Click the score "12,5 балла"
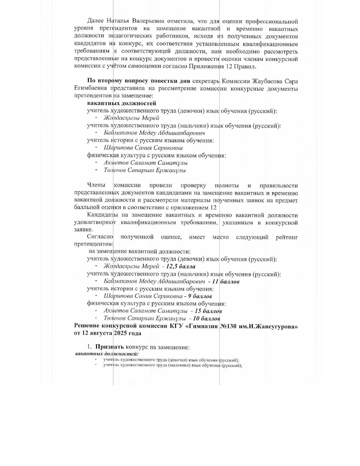181,266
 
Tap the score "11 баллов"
226,281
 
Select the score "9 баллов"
200,296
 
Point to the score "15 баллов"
208,311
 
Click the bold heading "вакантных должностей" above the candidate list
121,103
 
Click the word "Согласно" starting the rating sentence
100,237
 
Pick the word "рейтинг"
287,237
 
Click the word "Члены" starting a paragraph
96,186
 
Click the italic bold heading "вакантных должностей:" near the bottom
107,354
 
